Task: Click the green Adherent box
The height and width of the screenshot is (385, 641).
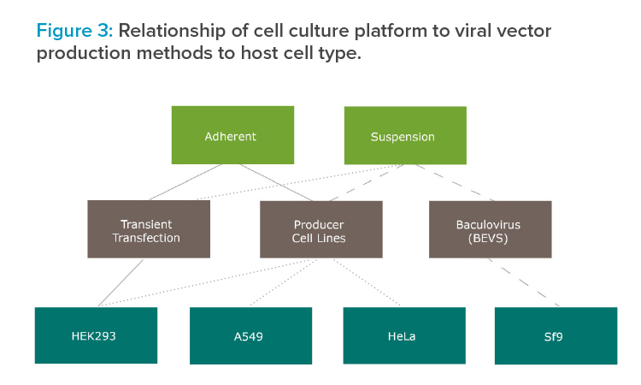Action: coord(232,135)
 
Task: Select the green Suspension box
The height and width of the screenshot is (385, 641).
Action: coord(405,135)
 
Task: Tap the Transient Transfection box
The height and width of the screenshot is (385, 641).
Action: coord(149,229)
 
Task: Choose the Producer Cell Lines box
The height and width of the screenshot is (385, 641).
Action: coord(321,229)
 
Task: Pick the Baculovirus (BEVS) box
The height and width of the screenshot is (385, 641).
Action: coord(491,229)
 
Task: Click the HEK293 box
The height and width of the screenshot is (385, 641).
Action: coord(96,335)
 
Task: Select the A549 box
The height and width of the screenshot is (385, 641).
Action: coord(250,336)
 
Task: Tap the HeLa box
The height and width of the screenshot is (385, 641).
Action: coord(404,336)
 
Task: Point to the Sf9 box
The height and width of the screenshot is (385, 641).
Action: coord(556,336)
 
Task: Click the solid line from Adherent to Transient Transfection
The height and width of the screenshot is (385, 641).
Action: coord(185,182)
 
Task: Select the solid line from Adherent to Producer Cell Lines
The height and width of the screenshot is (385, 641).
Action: coord(276,182)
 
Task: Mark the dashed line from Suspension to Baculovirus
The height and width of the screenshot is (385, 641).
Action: coord(455,183)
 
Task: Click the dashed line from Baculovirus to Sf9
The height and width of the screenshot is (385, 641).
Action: coord(524,282)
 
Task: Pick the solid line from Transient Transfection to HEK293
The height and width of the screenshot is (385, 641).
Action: coord(121,282)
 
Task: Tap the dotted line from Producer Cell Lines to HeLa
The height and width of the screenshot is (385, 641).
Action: coord(367,282)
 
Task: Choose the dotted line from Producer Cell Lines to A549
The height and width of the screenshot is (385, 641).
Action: coord(284,282)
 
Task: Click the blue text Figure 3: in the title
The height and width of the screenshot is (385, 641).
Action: coord(75,31)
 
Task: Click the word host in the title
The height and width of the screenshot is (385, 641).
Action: coord(260,53)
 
